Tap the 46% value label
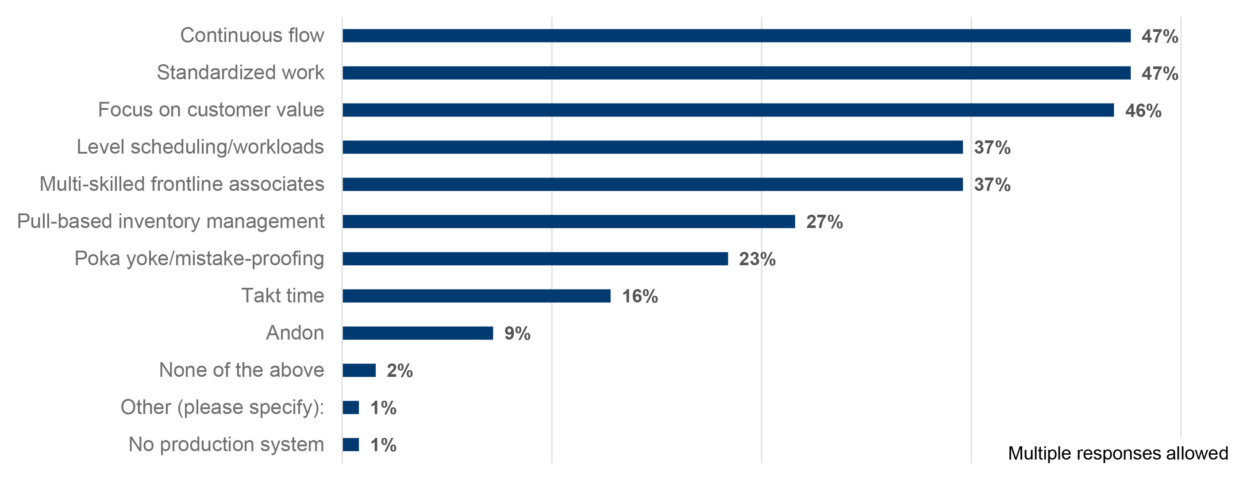click(x=1143, y=111)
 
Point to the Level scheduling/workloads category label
click(x=200, y=147)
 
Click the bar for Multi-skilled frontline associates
click(x=652, y=185)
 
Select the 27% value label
click(x=824, y=222)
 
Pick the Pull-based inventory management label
click(x=170, y=222)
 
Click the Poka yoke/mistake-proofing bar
click(x=535, y=259)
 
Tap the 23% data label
click(x=757, y=259)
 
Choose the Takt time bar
click(x=476, y=296)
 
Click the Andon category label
click(x=295, y=333)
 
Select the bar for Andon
click(x=417, y=333)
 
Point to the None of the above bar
click(x=358, y=370)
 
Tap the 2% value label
click(x=400, y=371)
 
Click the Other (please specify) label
click(x=222, y=407)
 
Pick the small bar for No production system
click(x=350, y=445)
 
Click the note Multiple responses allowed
click(x=1118, y=453)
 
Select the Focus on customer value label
click(x=211, y=110)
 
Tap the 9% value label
click(x=517, y=334)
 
